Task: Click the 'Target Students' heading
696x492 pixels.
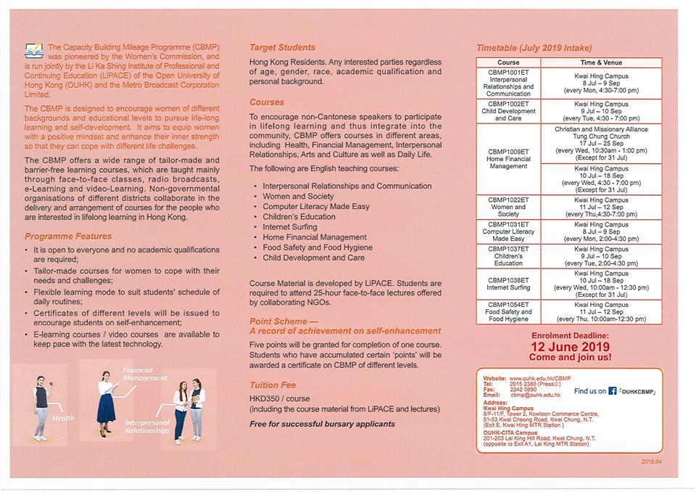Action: tap(282, 47)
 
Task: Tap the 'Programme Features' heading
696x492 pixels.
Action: tap(68, 236)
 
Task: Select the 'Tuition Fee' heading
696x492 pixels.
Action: tap(273, 385)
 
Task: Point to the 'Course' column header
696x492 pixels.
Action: tap(508, 63)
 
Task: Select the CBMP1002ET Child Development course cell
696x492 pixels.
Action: tap(508, 111)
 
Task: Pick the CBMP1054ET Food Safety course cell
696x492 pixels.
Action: tap(508, 312)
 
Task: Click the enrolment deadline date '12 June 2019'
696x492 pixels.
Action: tap(571, 347)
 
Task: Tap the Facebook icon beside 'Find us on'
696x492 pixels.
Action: tap(613, 390)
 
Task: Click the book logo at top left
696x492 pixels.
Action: tap(33, 51)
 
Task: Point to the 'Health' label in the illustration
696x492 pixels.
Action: tap(62, 418)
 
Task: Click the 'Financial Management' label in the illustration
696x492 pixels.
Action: tap(144, 374)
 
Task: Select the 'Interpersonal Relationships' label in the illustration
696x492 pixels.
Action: tap(147, 426)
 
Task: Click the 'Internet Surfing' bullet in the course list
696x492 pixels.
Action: tap(289, 226)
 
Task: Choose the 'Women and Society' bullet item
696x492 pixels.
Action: tap(298, 196)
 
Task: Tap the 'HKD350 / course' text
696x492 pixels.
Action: tap(280, 399)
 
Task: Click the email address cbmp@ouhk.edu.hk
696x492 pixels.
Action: tap(535, 395)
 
